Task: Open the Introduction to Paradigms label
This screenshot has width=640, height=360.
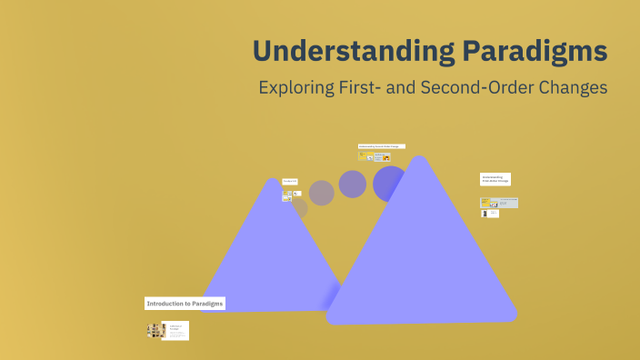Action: pyautogui.click(x=185, y=304)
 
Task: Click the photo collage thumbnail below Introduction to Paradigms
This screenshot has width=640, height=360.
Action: pyautogui.click(x=155, y=330)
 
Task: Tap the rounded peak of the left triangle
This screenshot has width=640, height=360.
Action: pyautogui.click(x=271, y=183)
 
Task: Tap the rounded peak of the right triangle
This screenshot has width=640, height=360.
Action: pyautogui.click(x=418, y=162)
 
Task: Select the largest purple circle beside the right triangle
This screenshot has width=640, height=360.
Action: pyautogui.click(x=389, y=183)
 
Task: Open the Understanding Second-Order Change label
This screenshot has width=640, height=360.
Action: pyautogui.click(x=381, y=145)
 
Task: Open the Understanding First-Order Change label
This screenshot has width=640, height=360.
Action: pyautogui.click(x=495, y=179)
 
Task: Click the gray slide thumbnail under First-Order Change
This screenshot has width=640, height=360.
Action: pyautogui.click(x=499, y=203)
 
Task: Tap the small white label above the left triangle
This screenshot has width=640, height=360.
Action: pyautogui.click(x=290, y=182)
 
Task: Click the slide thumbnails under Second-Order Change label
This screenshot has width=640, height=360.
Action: pyautogui.click(x=375, y=156)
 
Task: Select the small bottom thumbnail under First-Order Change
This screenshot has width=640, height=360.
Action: pyautogui.click(x=491, y=214)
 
